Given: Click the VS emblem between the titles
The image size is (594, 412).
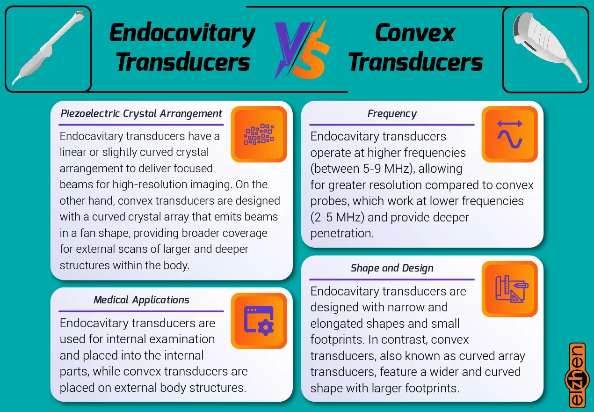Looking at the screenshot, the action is coord(302,49).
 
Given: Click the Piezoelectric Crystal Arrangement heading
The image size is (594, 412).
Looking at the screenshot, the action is coord(141,114).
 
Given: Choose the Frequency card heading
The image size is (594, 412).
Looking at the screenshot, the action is coord(392,114).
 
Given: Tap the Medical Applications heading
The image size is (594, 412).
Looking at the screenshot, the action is coord(141,300).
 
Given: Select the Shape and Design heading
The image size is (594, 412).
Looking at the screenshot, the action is coord(392,268).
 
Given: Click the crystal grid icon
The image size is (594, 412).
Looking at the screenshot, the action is coord(259,134).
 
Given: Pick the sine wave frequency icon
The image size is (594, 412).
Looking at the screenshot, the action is coord(510,134).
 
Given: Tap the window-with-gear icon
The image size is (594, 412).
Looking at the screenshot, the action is coord(259,321).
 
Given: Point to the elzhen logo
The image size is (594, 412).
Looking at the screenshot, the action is coord(577,375).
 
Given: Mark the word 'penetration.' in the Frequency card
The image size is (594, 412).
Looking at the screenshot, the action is coord(342,233).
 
